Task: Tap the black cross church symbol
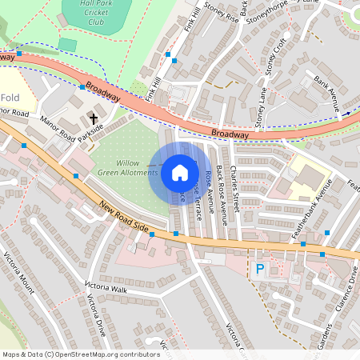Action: click(94, 118)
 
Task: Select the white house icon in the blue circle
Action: click(179, 172)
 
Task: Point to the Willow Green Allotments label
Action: click(127, 167)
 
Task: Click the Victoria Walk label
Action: click(106, 289)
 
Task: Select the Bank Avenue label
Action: click(327, 93)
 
